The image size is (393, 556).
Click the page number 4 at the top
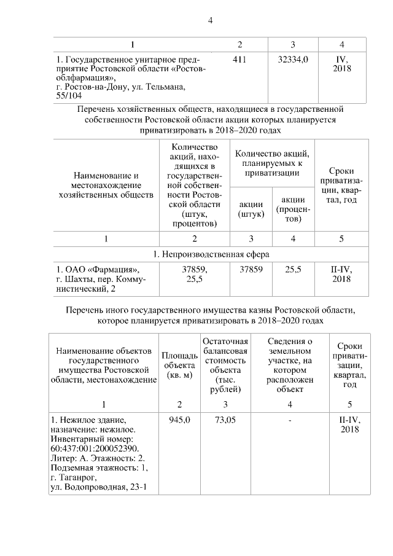210,20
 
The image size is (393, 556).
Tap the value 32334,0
293,60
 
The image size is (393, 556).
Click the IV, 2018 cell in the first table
341,64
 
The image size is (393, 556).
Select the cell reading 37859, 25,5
194,274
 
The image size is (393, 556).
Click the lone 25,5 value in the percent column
293,269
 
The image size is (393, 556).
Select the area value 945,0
179,420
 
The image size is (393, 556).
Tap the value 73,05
225,420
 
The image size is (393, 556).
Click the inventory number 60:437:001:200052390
94,448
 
